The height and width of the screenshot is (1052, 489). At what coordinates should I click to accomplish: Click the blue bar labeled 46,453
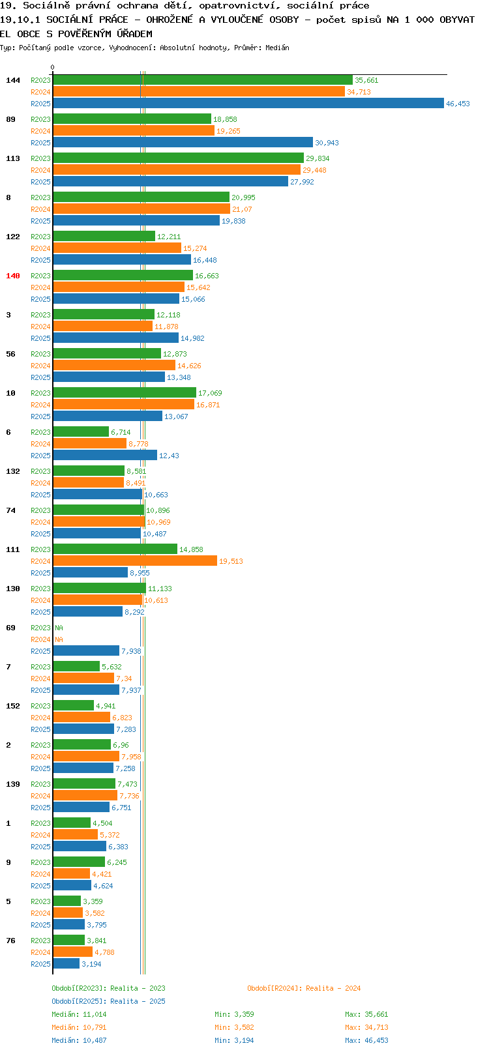click(248, 104)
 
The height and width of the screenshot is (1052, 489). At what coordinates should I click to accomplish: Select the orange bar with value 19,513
click(135, 561)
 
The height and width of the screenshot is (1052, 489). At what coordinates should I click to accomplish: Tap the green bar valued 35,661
click(203, 80)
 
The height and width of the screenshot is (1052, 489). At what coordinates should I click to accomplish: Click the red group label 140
click(12, 276)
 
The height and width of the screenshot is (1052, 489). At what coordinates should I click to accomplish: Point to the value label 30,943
click(327, 143)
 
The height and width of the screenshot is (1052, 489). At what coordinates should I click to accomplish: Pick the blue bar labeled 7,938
click(87, 651)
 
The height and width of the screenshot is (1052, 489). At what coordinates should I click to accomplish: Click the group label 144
click(12, 80)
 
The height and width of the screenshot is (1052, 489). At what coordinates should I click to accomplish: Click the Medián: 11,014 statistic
click(79, 1014)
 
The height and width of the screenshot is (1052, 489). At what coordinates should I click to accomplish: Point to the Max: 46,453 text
click(366, 1040)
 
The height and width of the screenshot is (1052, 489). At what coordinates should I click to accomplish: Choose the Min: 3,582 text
click(234, 1028)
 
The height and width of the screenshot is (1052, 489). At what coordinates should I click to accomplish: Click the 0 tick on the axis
click(52, 67)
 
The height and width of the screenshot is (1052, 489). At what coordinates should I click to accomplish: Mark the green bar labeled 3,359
click(67, 901)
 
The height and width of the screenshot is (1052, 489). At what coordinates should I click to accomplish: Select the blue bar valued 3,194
click(67, 964)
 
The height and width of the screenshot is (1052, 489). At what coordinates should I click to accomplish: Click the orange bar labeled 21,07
click(142, 209)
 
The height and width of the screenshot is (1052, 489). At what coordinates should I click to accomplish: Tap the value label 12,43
click(169, 456)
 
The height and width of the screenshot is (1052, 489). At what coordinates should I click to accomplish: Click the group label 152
click(12, 706)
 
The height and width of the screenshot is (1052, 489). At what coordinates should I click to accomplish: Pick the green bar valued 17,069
click(125, 392)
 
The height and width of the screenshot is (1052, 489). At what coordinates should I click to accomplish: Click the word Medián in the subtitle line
click(277, 48)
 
